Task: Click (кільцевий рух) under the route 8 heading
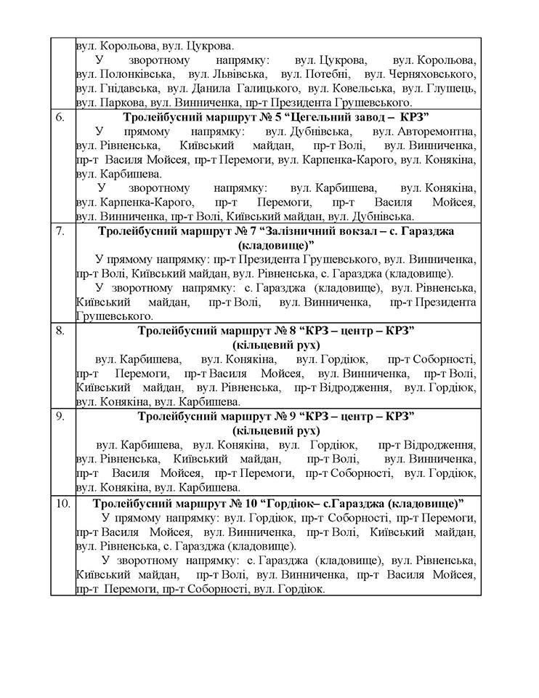click(276, 345)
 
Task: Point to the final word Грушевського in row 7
click(114, 316)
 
